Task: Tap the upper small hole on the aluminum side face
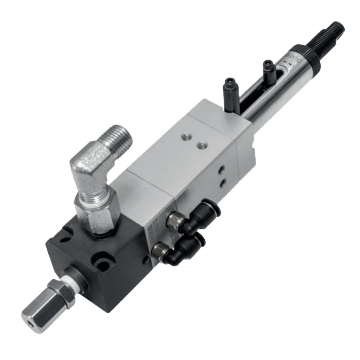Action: click(x=222, y=169)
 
